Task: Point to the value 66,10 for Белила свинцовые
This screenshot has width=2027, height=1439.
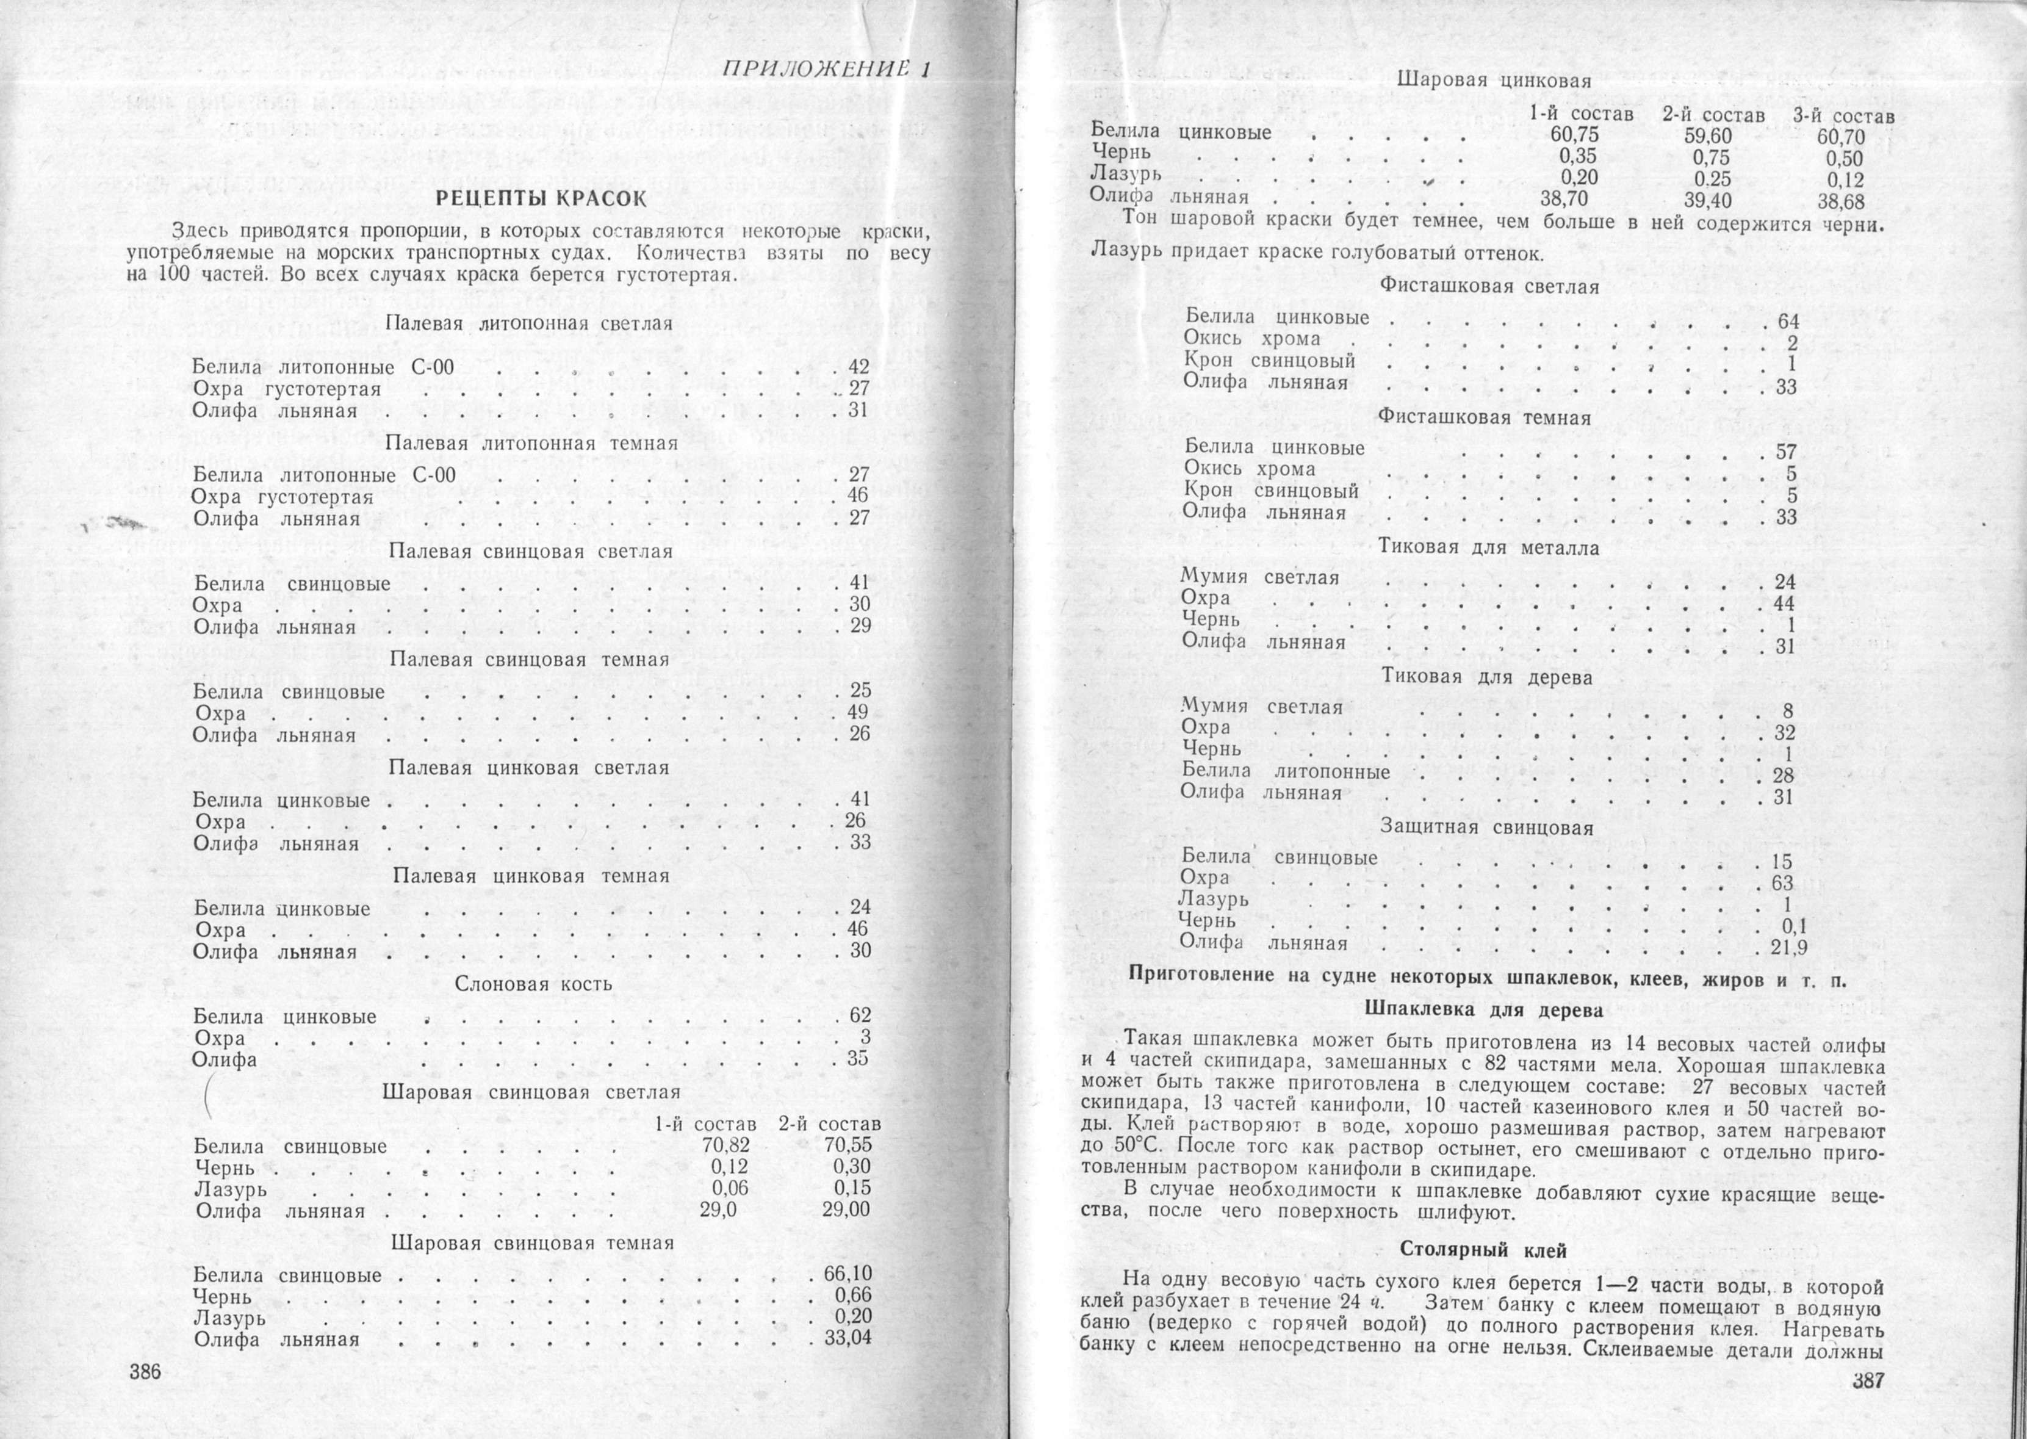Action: [847, 1275]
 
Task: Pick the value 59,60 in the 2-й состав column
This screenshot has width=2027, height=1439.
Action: [1707, 137]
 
